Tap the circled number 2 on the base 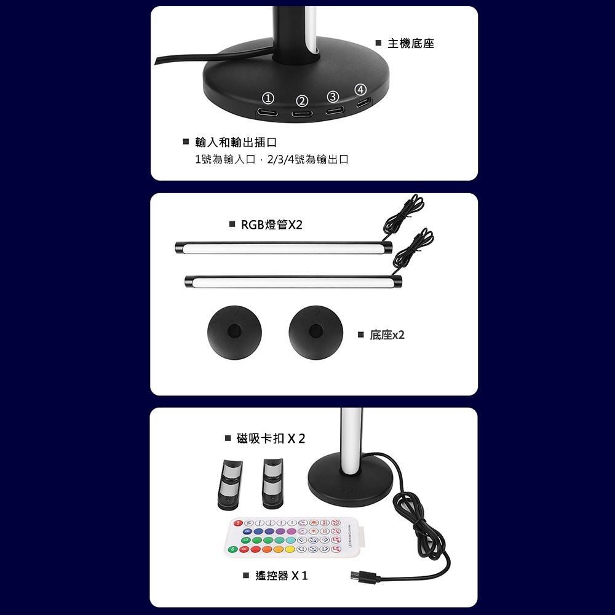[x=301, y=101]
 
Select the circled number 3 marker [x=333, y=97]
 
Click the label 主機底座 [x=410, y=44]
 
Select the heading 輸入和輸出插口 [x=231, y=143]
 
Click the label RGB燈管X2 [x=271, y=224]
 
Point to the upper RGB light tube [x=283, y=248]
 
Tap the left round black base [x=234, y=330]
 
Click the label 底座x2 [x=387, y=335]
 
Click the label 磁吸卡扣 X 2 [x=271, y=438]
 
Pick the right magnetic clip [x=271, y=483]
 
